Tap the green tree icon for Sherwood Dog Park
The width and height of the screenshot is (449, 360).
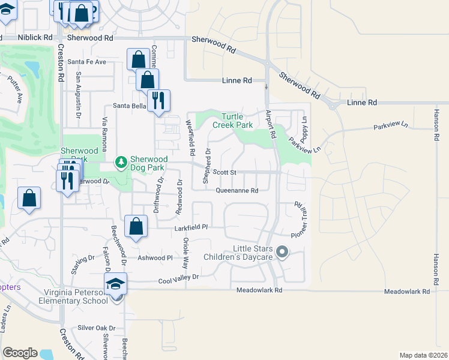point(121,163)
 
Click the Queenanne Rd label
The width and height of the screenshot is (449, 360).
point(237,191)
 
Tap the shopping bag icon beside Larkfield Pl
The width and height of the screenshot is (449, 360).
point(136,227)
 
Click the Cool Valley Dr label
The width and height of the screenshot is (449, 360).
point(178,277)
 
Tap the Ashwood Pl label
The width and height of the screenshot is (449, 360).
point(155,258)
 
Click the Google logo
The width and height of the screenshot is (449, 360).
point(20,353)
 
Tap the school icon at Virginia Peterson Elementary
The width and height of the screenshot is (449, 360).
point(116,284)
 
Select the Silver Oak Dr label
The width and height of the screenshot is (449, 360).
point(96,328)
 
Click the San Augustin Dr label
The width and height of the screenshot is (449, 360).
point(78,95)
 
